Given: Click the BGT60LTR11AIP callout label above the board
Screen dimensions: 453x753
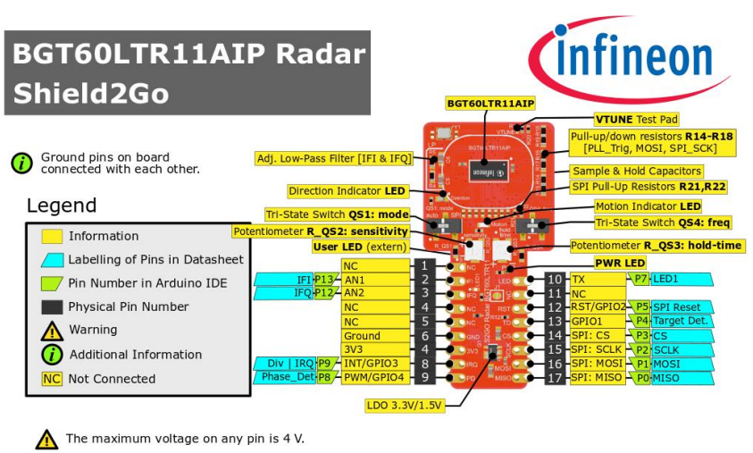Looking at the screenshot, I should pos(490,104).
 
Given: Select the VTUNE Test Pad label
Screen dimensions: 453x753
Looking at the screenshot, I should pos(636,119).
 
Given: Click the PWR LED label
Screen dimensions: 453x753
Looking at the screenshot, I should pos(620,264).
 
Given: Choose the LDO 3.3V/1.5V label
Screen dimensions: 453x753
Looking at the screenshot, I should pos(405,405).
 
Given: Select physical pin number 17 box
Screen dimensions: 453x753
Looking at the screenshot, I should pos(555,378).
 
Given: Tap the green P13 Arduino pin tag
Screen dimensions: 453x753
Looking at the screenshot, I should pos(323,280).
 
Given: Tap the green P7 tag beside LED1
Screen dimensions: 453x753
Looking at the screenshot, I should pos(640,280).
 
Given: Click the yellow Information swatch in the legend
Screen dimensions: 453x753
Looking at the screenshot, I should pos(52,236).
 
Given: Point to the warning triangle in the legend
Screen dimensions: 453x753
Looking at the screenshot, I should pos(52,331).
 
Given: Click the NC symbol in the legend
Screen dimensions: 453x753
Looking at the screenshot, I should pos(52,378).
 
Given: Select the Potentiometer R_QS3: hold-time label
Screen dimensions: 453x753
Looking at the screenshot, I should pos(657,246).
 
